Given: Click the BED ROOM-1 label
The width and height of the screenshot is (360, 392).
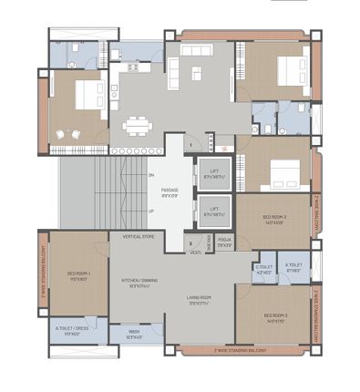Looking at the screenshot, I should (77, 274).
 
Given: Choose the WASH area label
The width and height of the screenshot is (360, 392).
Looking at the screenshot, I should (135, 333).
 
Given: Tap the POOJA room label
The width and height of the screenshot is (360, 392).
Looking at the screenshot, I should (224, 242).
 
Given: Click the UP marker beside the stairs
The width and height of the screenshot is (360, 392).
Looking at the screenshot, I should (151, 211).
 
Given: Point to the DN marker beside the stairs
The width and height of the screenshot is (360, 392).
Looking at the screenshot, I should (151, 175).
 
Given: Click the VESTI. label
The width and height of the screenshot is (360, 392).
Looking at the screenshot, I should (196, 253).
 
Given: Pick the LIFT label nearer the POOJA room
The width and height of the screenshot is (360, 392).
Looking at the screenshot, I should (213, 211).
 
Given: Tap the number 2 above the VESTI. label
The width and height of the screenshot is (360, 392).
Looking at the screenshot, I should (190, 242).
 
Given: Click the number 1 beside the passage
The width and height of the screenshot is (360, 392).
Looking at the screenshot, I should (190, 144).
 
